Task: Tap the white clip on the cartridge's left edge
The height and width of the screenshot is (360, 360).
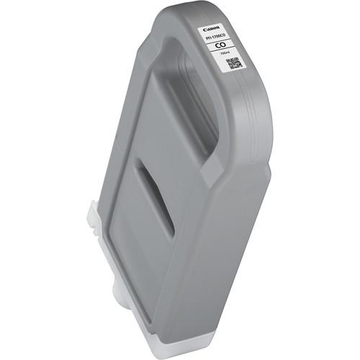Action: coord(92,215)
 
